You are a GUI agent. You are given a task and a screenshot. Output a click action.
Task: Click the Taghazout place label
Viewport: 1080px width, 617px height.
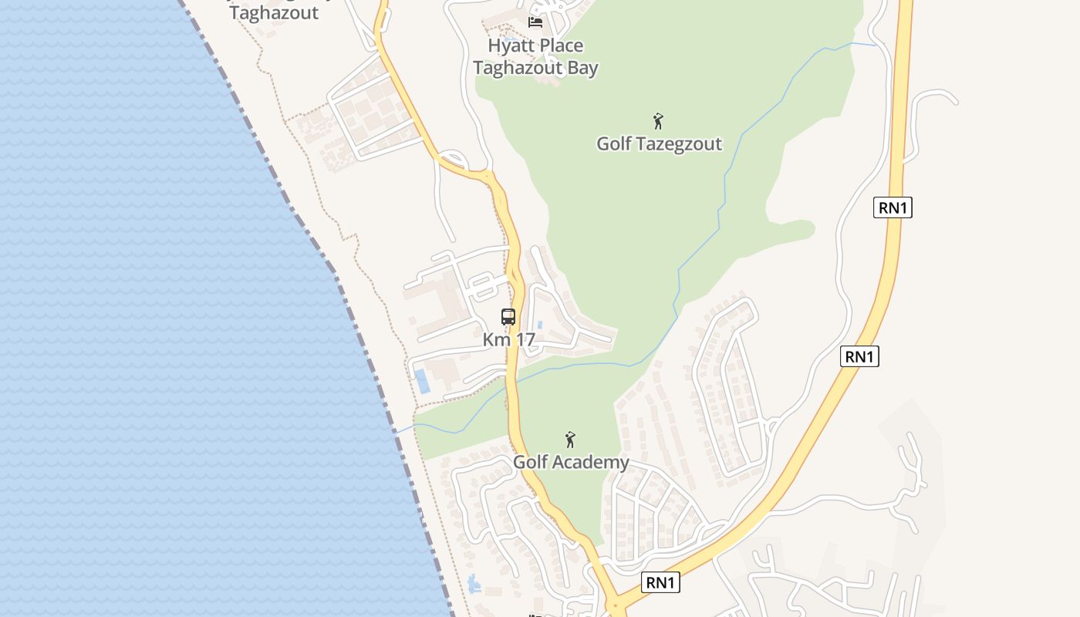[274, 13]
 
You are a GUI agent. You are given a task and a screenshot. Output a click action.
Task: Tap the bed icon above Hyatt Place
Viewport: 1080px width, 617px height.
[535, 22]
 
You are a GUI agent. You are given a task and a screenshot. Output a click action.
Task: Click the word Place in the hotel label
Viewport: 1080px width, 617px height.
[562, 46]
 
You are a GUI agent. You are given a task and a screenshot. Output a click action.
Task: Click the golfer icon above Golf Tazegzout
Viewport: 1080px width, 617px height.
[658, 121]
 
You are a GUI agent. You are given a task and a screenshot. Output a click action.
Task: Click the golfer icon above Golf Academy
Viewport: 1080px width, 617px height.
[570, 440]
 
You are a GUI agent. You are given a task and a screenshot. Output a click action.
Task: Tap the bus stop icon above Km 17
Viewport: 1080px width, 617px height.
[508, 316]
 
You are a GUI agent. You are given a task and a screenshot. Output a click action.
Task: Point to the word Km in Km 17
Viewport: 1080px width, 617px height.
[495, 339]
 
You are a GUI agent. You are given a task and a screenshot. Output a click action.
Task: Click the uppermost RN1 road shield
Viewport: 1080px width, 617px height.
[893, 207]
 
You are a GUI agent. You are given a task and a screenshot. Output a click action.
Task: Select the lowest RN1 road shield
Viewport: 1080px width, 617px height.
[660, 582]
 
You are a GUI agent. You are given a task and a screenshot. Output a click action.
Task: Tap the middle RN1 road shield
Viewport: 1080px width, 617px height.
[859, 356]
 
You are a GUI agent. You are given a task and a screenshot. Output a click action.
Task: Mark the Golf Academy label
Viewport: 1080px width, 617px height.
[571, 462]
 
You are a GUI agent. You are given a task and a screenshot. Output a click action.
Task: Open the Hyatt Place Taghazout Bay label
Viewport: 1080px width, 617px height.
[535, 56]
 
